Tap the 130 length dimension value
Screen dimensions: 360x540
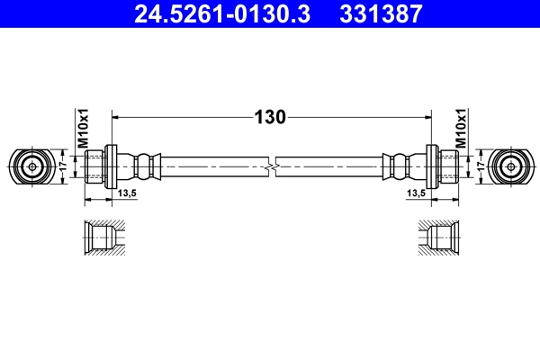(271, 117)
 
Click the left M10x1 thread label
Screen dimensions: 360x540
(82, 129)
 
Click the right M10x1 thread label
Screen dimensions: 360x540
(460, 129)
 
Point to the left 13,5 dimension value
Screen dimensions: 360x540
(125, 193)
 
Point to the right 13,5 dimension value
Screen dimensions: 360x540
(416, 193)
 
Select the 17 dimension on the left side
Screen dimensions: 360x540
(62, 166)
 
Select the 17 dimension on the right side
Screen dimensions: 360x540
(481, 166)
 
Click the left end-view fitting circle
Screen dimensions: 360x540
(31, 166)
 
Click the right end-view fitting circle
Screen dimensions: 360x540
(510, 166)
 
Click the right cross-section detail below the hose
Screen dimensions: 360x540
(439, 239)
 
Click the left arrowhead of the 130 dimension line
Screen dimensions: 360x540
(115, 117)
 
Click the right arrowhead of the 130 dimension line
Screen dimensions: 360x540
(426, 117)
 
